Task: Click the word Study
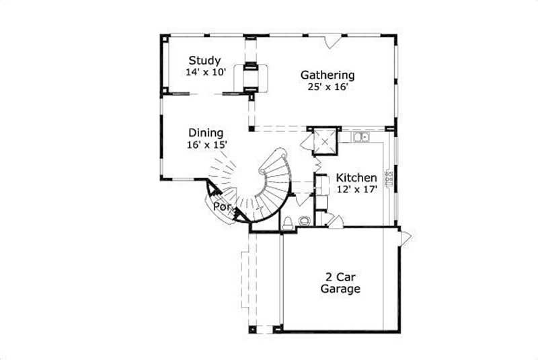(205, 60)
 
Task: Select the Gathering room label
(328, 75)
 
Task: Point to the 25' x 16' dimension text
(328, 86)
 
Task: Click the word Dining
(206, 133)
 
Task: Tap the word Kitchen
(356, 177)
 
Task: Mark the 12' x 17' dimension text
(356, 189)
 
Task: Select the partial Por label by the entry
(222, 207)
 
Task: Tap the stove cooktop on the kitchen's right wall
(388, 178)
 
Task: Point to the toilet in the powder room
(288, 223)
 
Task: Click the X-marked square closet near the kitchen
(326, 141)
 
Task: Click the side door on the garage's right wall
(405, 238)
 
